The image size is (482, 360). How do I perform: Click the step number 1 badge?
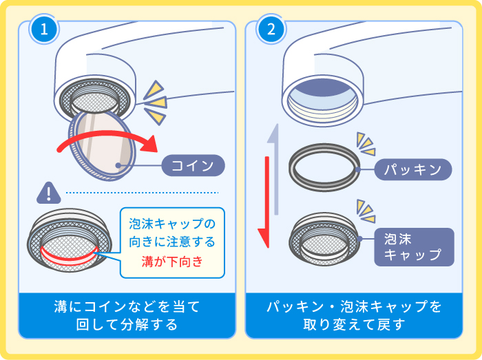[x=43, y=31]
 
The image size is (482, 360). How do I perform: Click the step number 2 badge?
[x=270, y=31]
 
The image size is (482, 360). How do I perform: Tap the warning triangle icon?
[x=48, y=193]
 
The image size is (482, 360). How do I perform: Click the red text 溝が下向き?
[x=172, y=262]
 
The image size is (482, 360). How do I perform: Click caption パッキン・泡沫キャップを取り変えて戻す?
[x=354, y=315]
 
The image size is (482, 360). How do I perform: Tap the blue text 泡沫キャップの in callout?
[x=172, y=224]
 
